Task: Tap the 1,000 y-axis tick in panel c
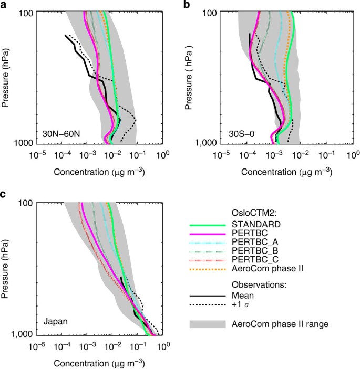click(23, 334)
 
